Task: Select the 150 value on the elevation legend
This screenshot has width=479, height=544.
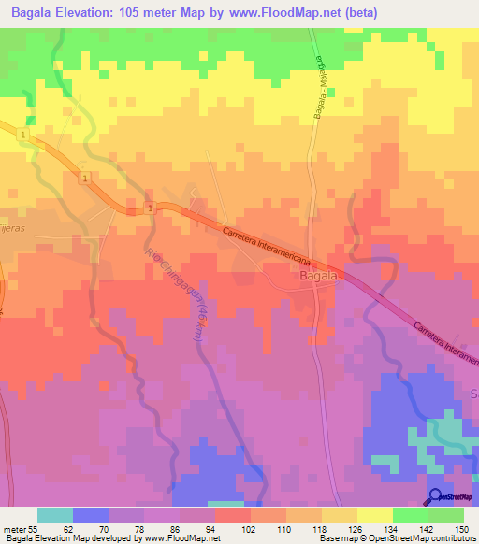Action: [460, 528]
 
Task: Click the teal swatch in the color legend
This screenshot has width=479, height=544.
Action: [54, 515]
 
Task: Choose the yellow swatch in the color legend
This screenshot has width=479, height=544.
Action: [374, 515]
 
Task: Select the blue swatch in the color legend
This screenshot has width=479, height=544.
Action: [91, 515]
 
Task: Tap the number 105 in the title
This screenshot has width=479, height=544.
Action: [148, 14]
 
